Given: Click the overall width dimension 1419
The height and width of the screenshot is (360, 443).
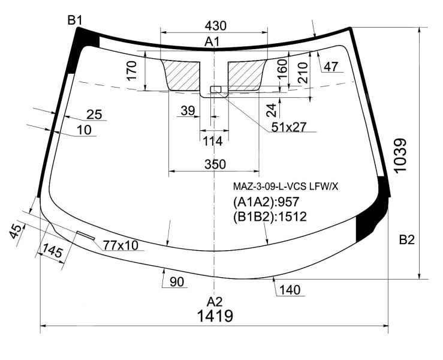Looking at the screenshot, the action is (215, 316).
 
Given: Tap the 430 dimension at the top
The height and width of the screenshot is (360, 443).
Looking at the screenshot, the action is (216, 26).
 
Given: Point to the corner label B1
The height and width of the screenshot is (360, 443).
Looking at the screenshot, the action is (75, 20).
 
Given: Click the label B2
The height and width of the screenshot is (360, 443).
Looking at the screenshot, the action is (406, 240).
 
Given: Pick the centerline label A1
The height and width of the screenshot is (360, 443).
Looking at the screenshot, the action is (212, 42).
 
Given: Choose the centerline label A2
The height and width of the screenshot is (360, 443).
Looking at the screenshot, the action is (215, 302).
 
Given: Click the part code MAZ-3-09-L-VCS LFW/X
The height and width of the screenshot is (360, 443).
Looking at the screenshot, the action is (285, 187).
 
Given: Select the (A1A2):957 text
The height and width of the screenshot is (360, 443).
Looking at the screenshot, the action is (266, 202).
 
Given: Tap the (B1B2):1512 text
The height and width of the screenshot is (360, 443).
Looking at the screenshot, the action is (270, 217).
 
